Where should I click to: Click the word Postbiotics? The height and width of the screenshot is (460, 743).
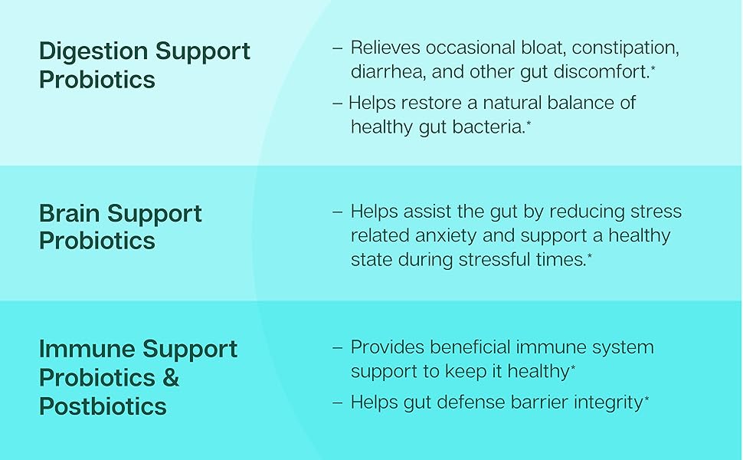(x=103, y=406)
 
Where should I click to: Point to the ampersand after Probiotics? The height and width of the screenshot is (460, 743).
(x=171, y=378)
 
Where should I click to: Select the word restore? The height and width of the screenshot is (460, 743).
(x=430, y=103)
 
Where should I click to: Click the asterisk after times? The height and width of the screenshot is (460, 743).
(x=589, y=256)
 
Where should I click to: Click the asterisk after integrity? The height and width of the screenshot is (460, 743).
(x=646, y=398)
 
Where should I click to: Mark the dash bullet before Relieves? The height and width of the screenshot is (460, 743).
(x=337, y=48)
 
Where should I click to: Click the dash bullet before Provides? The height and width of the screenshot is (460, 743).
(x=337, y=347)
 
